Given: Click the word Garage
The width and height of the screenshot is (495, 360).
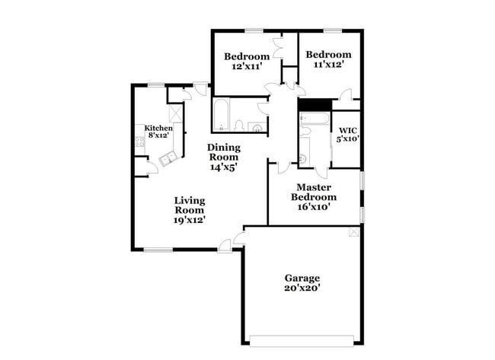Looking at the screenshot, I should tap(302, 278).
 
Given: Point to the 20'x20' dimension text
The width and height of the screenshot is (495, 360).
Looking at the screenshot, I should tap(302, 288).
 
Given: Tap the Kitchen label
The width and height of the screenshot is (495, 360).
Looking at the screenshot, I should tap(158, 128).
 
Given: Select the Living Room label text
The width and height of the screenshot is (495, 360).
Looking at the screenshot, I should tap(190, 205).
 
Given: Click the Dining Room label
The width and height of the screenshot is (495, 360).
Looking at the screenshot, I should tap(225, 152).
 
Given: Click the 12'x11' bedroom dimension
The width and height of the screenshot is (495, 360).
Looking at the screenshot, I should tap(247, 66).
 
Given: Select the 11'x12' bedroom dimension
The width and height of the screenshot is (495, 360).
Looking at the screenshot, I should tap(328, 65).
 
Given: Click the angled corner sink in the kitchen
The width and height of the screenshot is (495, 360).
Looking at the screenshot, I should tap(168, 158).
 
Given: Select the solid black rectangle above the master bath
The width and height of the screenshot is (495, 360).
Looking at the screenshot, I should tap(313, 105).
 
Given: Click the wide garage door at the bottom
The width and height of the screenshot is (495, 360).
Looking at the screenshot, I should tap(302, 337).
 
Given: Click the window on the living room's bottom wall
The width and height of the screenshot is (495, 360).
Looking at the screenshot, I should tap(158, 249).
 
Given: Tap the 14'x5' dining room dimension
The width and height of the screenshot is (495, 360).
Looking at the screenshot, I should tap(225, 167).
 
